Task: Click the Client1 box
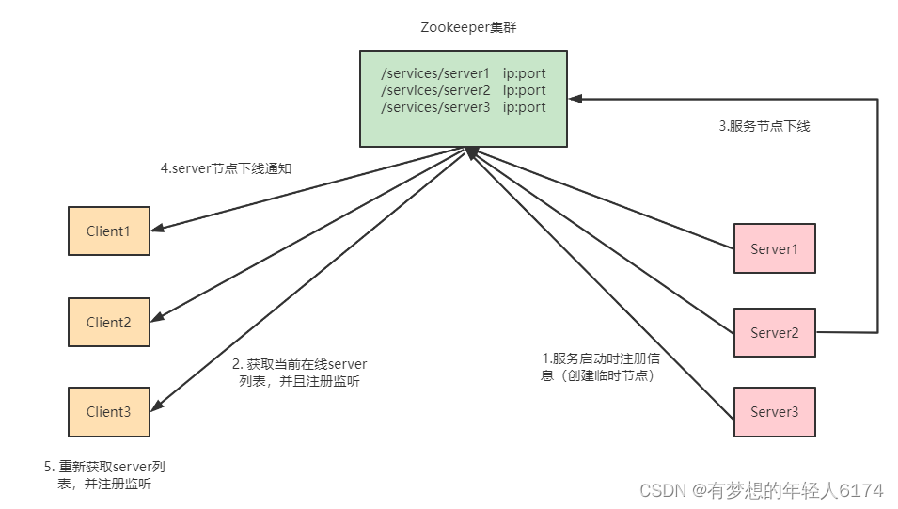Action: (x=108, y=231)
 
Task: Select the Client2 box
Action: (x=108, y=322)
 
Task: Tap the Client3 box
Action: (x=108, y=411)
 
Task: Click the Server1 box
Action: (x=774, y=248)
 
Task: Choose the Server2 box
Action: (x=774, y=332)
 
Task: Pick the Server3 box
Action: (x=774, y=412)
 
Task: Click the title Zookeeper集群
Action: (x=468, y=27)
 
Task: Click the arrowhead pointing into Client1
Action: (x=157, y=226)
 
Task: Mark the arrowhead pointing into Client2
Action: (x=157, y=317)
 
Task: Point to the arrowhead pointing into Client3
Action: (x=157, y=406)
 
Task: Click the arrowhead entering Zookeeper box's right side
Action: (x=575, y=98)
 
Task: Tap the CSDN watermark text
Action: (x=761, y=490)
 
